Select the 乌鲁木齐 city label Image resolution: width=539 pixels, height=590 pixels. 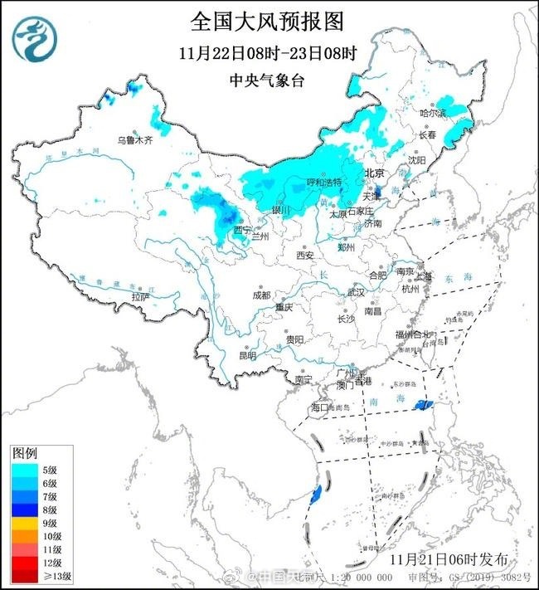pos(134,141)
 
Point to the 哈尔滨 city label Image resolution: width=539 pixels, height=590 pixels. pos(432,112)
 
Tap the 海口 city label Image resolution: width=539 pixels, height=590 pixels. pos(320,407)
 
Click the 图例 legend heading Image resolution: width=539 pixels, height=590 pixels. pos(24,454)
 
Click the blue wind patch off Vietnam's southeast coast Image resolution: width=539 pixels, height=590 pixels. pos(315,495)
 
